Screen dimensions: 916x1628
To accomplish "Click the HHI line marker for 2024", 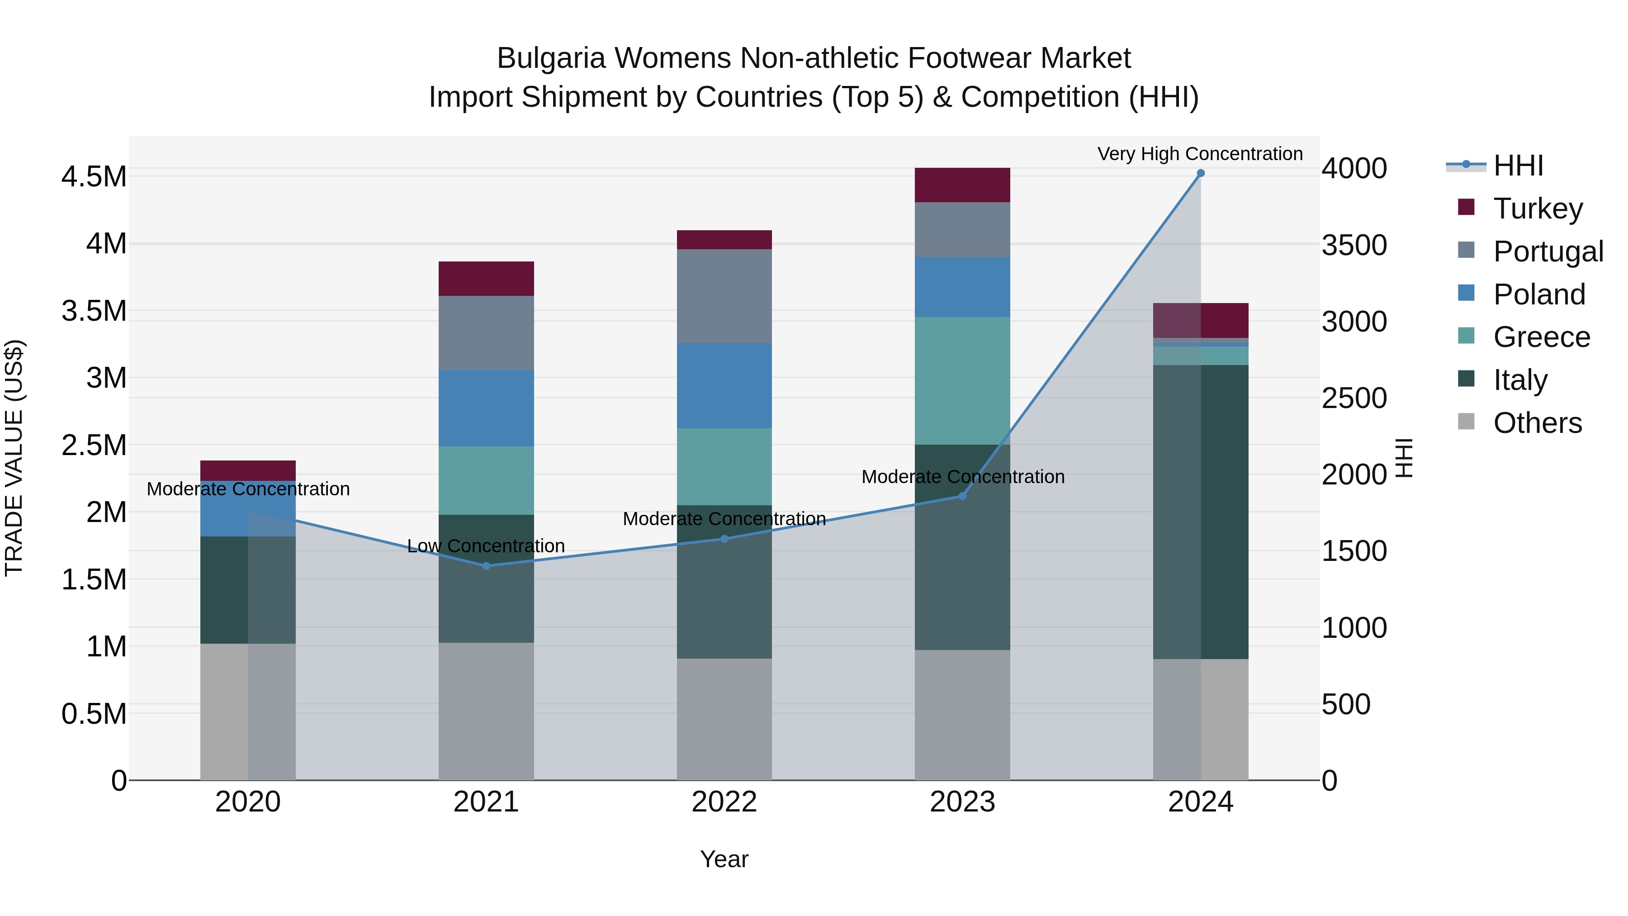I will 1201,173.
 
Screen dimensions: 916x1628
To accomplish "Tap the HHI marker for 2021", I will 486,566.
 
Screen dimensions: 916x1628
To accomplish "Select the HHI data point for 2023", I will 962,496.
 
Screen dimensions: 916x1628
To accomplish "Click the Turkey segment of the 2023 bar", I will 962,185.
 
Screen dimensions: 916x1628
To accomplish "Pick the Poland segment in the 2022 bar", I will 724,385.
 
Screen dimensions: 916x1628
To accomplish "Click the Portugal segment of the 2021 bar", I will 486,332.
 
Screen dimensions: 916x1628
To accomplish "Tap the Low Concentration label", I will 486,546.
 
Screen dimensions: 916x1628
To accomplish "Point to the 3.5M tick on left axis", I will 94,311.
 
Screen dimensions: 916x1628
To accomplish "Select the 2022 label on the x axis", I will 724,802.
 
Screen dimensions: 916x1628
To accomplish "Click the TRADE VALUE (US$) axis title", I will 14,458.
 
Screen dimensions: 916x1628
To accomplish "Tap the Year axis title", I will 724,859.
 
